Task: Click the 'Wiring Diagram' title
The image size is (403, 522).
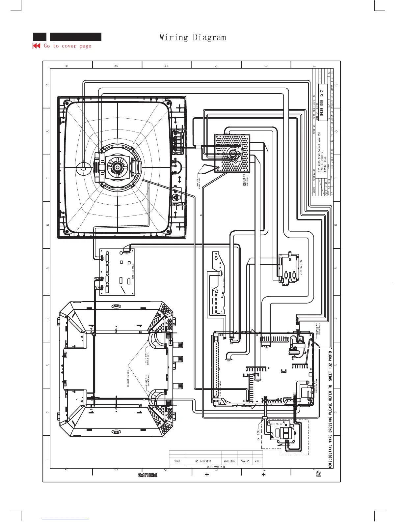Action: tap(193, 37)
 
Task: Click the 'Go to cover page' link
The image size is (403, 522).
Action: tap(67, 46)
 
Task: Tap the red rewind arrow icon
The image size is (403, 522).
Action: tap(36, 46)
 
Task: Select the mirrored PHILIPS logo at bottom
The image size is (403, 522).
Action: tap(147, 475)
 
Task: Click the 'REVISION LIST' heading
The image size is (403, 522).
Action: tap(216, 467)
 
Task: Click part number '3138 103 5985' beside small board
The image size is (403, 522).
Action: tap(301, 267)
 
